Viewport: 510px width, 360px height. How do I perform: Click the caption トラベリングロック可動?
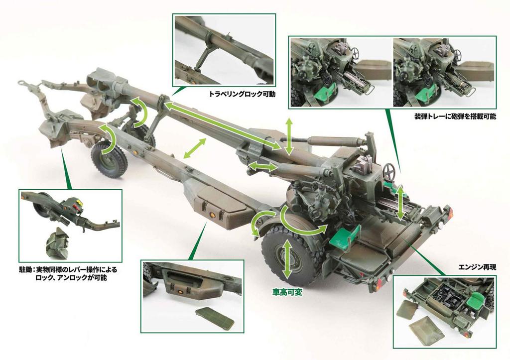242,93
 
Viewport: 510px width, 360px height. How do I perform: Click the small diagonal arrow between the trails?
196,148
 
